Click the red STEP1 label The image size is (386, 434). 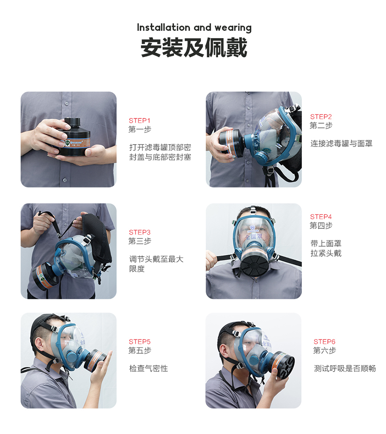click(x=139, y=121)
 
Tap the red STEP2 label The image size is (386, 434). click(x=321, y=117)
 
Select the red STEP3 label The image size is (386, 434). click(x=139, y=232)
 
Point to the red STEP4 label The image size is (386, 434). click(x=321, y=217)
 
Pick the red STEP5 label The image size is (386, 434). click(x=139, y=342)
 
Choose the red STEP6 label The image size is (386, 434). click(x=324, y=342)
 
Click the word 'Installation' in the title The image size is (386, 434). click(x=164, y=27)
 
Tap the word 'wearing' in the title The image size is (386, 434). click(x=233, y=28)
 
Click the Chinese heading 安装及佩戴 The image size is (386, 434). click(x=194, y=48)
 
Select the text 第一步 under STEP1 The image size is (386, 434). click(x=140, y=129)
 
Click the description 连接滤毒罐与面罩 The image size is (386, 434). click(x=342, y=144)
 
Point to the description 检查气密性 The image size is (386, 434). click(x=149, y=369)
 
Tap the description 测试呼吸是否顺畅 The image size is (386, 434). click(x=345, y=369)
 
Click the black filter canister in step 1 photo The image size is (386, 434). click(x=73, y=137)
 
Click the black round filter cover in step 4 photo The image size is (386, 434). click(x=255, y=265)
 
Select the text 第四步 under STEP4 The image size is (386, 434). click(x=321, y=225)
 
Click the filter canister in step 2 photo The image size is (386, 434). click(x=231, y=142)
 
